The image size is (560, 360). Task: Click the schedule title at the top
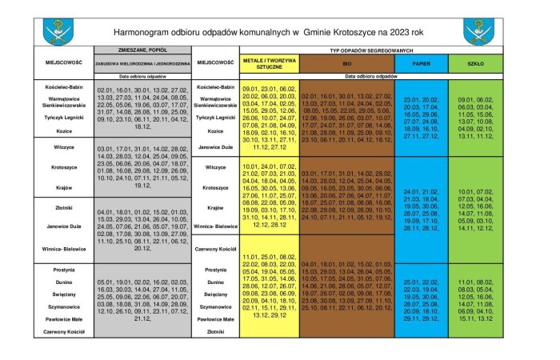[277, 33]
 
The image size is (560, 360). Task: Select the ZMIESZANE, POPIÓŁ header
[142, 50]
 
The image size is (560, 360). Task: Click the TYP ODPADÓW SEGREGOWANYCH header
[364, 50]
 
